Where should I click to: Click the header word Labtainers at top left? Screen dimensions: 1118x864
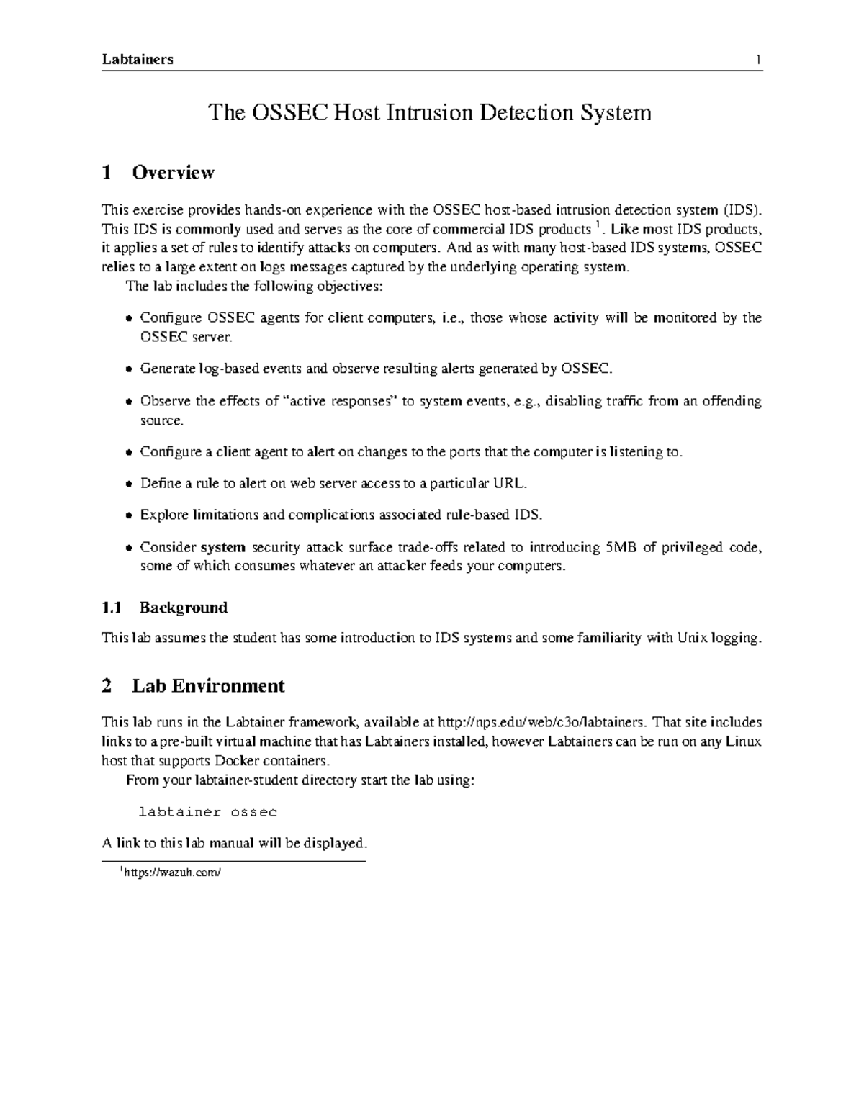click(138, 60)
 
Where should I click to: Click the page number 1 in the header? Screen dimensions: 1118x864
click(758, 60)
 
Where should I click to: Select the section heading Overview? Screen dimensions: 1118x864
click(173, 173)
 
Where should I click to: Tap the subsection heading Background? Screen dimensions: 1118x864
click(184, 608)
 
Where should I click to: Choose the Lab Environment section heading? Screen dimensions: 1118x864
click(208, 686)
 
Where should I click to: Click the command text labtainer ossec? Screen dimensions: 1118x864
click(207, 812)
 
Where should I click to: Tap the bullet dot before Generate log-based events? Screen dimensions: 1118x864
click(128, 369)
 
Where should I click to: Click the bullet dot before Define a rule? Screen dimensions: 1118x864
click(128, 484)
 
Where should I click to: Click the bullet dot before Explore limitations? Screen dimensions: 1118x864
click(128, 515)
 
